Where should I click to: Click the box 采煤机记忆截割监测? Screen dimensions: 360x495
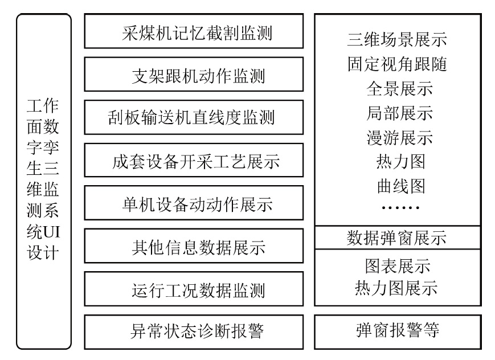tap(194, 32)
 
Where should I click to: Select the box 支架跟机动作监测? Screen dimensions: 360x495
tap(194, 75)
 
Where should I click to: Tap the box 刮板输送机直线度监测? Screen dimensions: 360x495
tap(194, 117)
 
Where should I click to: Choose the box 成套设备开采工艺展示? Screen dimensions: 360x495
tap(194, 161)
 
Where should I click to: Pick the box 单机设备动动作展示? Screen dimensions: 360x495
tap(194, 203)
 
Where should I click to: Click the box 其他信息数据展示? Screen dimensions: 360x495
tap(194, 247)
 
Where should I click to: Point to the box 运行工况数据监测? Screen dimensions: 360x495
tap(194, 289)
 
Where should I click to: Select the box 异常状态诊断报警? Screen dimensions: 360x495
tap(194, 331)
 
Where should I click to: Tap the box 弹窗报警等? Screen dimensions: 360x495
tap(397, 331)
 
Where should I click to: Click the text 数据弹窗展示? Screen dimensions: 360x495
tap(397, 237)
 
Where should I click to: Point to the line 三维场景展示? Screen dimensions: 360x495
tap(397, 40)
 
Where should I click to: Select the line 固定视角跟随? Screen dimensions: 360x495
tap(397, 64)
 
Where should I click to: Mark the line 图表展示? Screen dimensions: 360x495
tap(397, 265)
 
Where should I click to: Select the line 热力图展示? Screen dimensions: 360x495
tap(397, 288)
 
